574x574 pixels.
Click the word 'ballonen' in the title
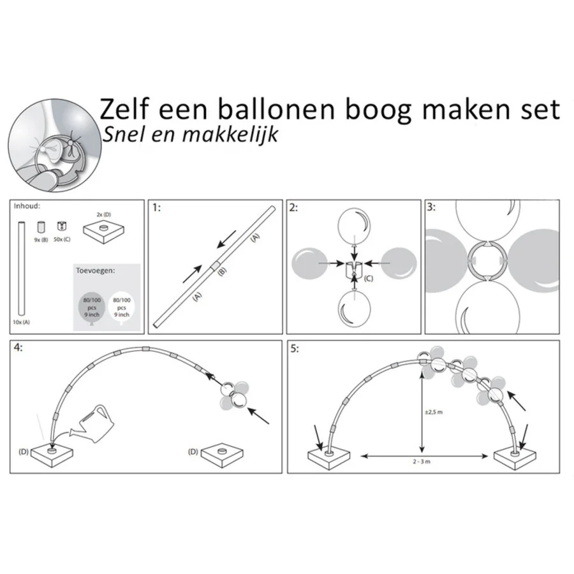pos(276,110)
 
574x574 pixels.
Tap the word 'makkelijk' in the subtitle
pos(230,135)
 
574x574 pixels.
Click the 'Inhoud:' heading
pos(27,206)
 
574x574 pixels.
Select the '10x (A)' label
pos(21,322)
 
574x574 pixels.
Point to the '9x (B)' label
pos(41,240)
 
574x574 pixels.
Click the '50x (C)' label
pos(62,239)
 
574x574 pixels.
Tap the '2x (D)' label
pos(103,214)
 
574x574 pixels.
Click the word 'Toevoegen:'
pos(96,271)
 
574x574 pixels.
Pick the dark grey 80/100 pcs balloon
pos(91,308)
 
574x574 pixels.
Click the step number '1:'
pos(156,208)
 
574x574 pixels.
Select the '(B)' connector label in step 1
pos(222,271)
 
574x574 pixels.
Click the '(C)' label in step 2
pos(368,279)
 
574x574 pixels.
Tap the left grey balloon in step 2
pos(310,263)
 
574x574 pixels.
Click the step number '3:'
pos(431,207)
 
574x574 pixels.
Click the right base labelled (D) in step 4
pos(222,454)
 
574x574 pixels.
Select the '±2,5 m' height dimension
pos(434,412)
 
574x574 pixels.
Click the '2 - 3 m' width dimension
pos(422,462)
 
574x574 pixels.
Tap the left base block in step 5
pos(328,459)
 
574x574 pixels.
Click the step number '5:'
pos(295,349)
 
